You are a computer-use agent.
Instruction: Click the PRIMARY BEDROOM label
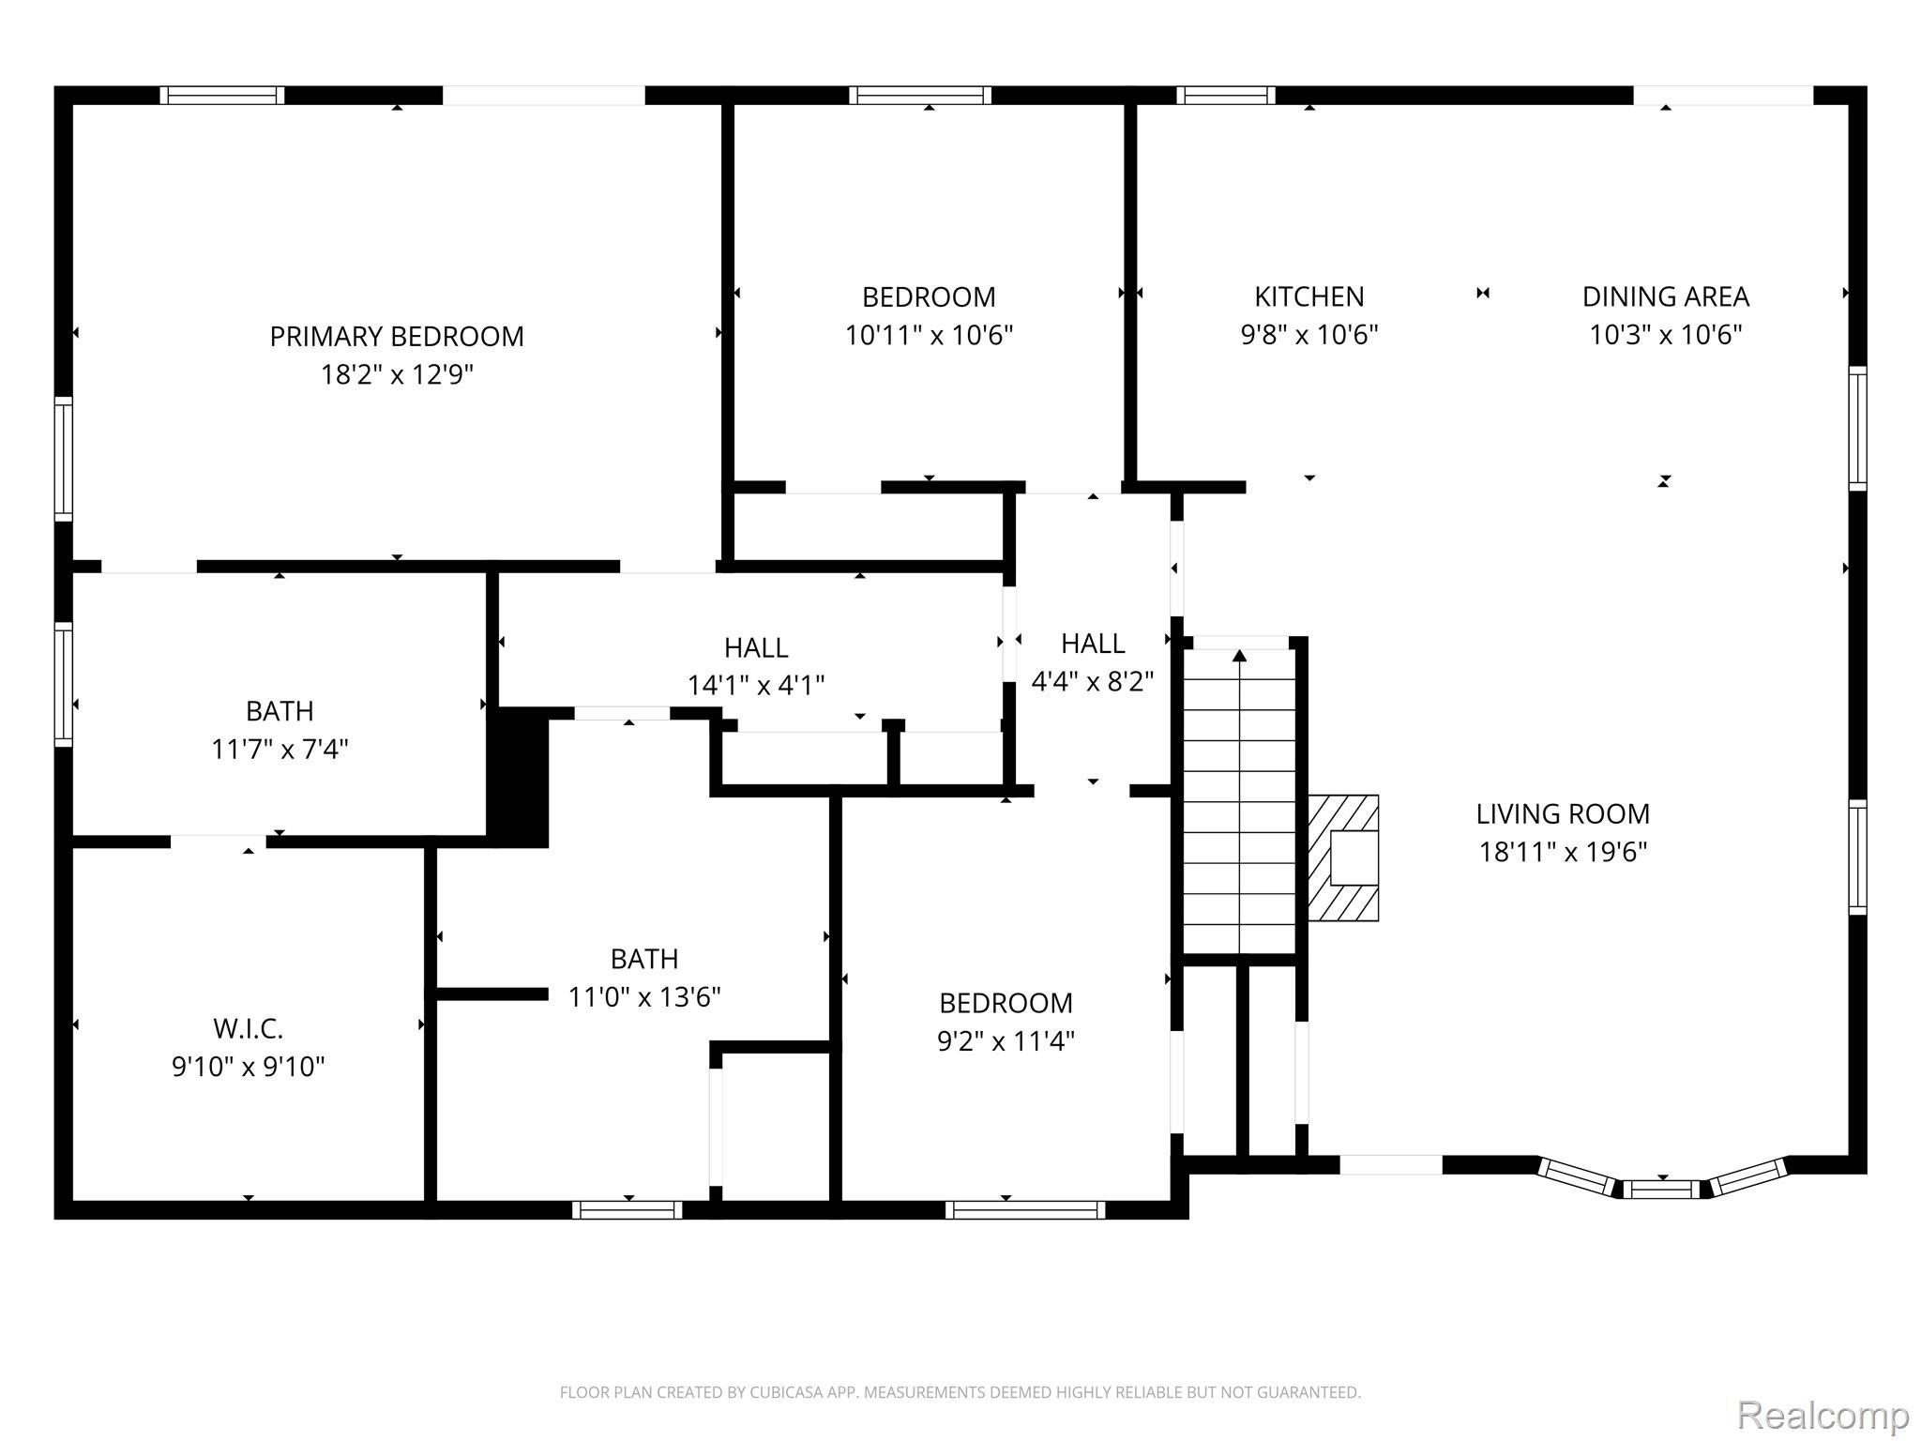point(397,336)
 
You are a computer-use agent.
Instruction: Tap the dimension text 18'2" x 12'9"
point(397,375)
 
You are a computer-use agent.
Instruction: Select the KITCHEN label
point(1309,296)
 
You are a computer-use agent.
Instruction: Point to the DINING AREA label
point(1665,296)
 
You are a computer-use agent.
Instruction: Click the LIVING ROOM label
point(1563,813)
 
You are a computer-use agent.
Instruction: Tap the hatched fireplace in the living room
point(1343,857)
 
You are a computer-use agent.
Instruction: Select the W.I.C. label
point(248,1028)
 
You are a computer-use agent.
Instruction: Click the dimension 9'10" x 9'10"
point(248,1067)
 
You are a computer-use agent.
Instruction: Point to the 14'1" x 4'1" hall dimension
point(756,686)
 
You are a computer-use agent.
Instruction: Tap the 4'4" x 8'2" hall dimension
point(1093,681)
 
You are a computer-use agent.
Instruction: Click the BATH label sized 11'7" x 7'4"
point(280,711)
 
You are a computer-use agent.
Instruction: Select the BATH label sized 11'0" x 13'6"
point(644,959)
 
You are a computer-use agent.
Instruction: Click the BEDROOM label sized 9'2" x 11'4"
point(1006,1003)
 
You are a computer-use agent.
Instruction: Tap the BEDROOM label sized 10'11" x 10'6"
point(929,296)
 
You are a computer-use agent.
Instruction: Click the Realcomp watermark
point(1823,1415)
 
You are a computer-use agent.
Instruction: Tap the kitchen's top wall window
point(1225,95)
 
